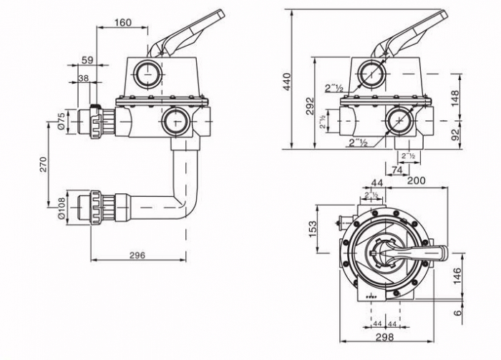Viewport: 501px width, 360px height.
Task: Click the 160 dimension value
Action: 122,23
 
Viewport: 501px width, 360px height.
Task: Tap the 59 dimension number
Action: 86,60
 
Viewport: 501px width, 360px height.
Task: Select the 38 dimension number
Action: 83,78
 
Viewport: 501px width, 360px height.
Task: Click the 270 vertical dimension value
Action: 44,165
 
